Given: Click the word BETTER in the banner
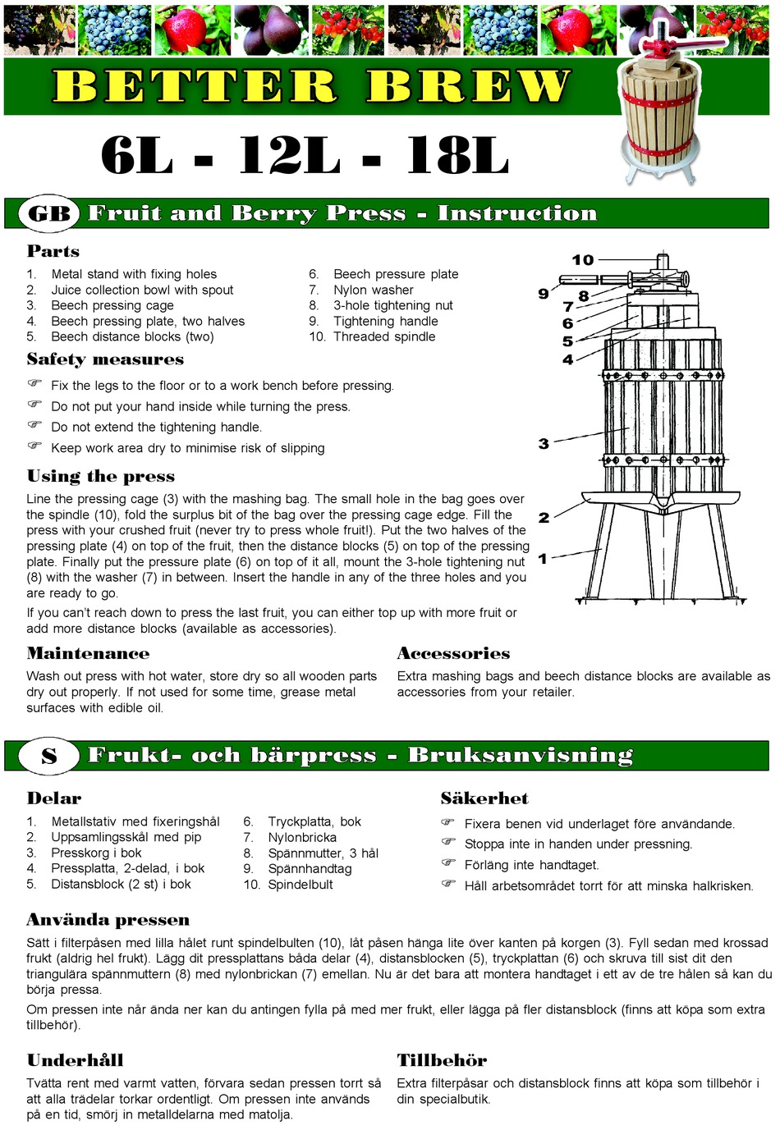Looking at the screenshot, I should click(x=195, y=86).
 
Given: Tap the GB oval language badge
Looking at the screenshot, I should click(x=49, y=213).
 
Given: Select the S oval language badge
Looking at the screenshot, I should click(x=49, y=756).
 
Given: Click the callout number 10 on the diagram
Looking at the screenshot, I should click(x=582, y=260).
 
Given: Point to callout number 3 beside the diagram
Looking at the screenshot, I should click(x=544, y=444).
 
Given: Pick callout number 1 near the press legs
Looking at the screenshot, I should click(x=542, y=559).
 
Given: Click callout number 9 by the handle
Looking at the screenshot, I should click(x=544, y=294).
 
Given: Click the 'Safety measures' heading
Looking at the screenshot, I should click(x=105, y=359).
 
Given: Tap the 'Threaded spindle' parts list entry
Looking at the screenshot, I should click(x=383, y=336).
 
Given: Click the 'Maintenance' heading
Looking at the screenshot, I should click(x=88, y=654).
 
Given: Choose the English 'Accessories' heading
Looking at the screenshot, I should click(x=453, y=654).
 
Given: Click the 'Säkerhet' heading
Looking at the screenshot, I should click(x=484, y=798).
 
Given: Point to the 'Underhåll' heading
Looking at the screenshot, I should click(x=75, y=1060).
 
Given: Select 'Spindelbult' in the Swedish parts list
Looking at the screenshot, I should click(x=300, y=885).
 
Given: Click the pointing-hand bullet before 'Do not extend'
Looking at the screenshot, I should click(x=34, y=425).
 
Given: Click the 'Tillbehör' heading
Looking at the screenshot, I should click(x=442, y=1060).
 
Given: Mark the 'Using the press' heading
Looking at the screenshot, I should click(x=100, y=477).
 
